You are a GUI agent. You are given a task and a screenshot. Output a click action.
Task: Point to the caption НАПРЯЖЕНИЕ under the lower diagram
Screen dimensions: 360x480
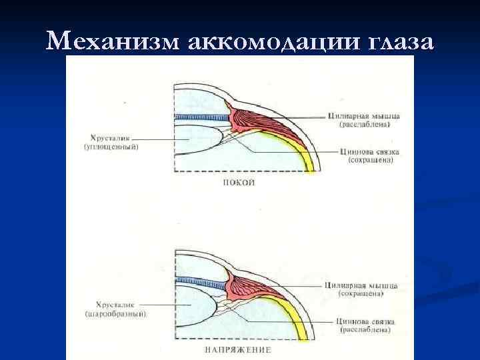(238, 349)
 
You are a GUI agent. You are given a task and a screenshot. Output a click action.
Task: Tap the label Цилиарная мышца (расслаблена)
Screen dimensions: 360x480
(363, 121)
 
